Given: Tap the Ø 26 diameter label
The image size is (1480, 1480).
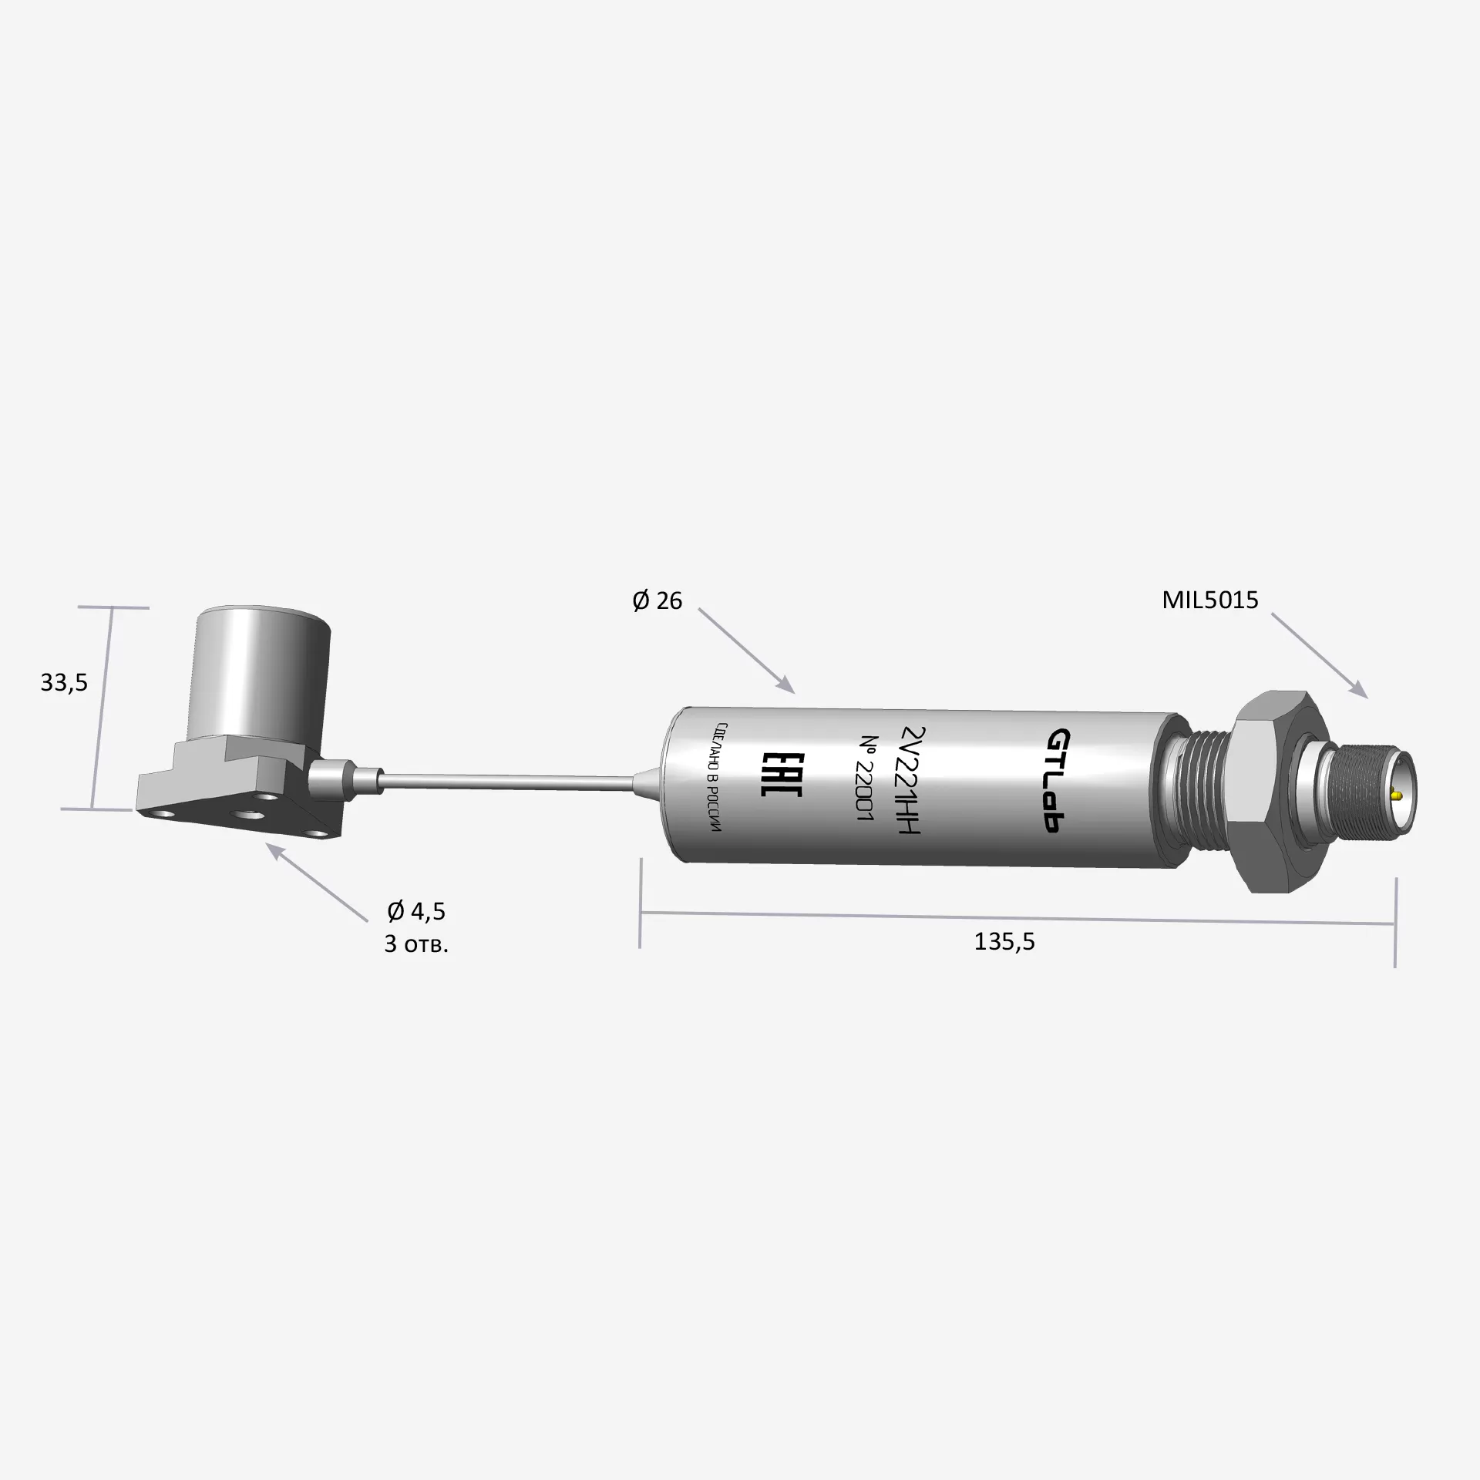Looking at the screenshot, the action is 657,600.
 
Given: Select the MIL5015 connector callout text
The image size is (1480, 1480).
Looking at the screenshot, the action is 1210,600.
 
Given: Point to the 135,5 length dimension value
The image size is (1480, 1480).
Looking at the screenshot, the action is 1004,941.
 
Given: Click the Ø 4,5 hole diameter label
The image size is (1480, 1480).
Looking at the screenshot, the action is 416,912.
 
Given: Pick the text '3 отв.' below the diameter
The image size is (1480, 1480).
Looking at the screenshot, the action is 416,944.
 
